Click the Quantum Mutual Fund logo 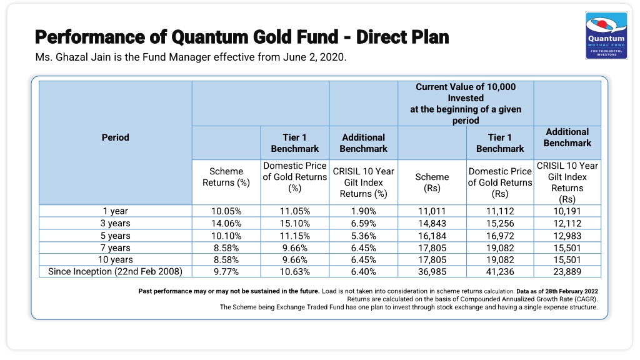606,36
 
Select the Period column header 116,137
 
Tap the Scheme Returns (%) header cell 226,177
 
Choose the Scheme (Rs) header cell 432,182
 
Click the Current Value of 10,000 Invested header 466,104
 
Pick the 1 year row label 116,211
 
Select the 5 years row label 116,236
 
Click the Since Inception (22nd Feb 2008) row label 116,272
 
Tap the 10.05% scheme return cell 226,211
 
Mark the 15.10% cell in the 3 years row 295,224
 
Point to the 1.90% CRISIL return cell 363,211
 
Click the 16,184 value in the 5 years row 432,236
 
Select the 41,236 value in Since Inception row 500,272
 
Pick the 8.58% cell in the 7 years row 226,248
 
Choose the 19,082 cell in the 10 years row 500,260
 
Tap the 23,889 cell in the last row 567,272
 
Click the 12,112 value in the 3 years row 567,224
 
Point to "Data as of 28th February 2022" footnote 557,291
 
